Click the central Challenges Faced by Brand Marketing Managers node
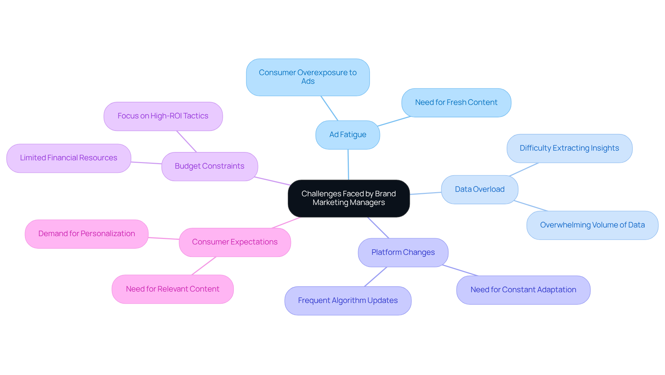[x=349, y=198]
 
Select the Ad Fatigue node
[x=348, y=135]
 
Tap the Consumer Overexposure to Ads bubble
[x=308, y=77]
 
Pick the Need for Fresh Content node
[x=456, y=103]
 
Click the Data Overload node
[x=480, y=190]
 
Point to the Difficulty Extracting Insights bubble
[x=569, y=149]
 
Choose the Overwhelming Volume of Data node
[x=592, y=225]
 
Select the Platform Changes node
[x=403, y=253]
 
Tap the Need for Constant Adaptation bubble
[x=523, y=290]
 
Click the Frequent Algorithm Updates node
[x=348, y=301]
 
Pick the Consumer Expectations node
[x=235, y=242]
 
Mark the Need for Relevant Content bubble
[x=172, y=289]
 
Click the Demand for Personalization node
[x=87, y=234]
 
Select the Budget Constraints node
[x=210, y=167]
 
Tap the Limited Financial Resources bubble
[x=69, y=158]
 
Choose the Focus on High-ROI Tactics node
[x=163, y=116]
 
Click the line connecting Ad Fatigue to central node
[x=348, y=165]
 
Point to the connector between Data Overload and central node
[x=426, y=193]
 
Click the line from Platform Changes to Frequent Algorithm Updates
[x=375, y=277]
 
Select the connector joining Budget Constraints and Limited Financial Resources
[x=146, y=163]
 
